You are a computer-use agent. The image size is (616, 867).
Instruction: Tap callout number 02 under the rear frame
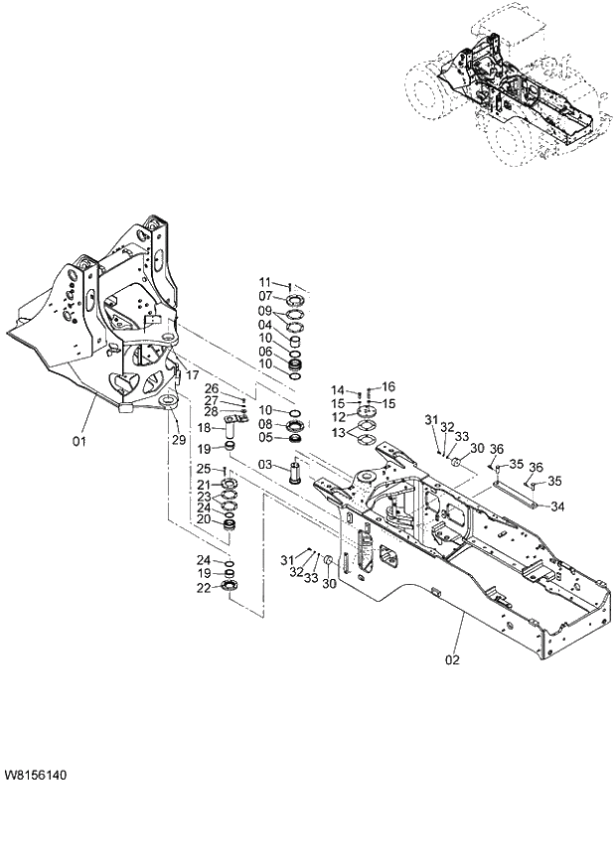point(452,656)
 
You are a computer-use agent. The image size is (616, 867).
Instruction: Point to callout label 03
point(266,465)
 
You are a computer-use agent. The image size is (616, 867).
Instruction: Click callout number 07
point(266,296)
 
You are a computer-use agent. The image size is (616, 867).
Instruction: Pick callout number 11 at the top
point(266,282)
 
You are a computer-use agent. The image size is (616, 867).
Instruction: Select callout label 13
point(338,433)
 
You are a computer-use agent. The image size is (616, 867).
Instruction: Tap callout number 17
point(193,375)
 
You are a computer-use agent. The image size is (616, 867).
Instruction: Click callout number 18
point(204,428)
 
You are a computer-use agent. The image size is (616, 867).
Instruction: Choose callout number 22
point(204,588)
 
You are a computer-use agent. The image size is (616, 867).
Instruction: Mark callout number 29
point(178,439)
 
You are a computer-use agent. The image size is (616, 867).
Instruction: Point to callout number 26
point(212,387)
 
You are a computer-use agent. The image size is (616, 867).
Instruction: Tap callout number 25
point(204,469)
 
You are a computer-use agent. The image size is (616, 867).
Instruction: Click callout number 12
point(338,417)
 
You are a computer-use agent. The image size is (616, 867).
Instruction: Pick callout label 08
point(266,424)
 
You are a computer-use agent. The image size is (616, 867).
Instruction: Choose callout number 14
point(338,389)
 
